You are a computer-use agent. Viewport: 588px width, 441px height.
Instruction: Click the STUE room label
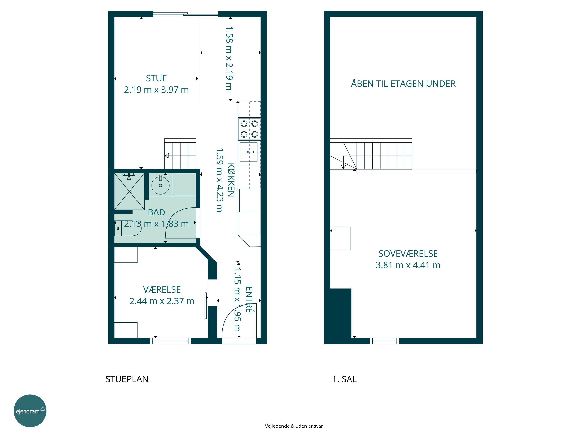(156, 78)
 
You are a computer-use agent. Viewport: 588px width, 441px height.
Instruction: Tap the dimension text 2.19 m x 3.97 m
(156, 90)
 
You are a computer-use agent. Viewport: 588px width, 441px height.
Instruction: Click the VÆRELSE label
(162, 289)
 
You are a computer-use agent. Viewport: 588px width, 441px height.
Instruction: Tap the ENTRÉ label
(249, 299)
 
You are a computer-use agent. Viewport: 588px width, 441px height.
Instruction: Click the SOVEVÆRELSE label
(408, 254)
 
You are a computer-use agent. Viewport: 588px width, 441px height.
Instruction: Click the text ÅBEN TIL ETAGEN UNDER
(403, 83)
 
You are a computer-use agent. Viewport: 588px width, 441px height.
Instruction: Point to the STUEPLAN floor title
(127, 379)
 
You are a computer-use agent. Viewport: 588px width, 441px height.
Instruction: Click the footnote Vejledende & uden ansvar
(294, 426)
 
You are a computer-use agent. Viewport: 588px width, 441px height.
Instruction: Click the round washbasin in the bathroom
(160, 185)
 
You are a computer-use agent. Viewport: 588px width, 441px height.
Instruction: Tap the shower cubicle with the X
(129, 191)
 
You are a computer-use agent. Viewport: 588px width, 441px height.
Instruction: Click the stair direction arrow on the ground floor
(167, 156)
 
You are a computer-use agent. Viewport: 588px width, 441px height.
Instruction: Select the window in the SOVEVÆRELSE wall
(385, 341)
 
